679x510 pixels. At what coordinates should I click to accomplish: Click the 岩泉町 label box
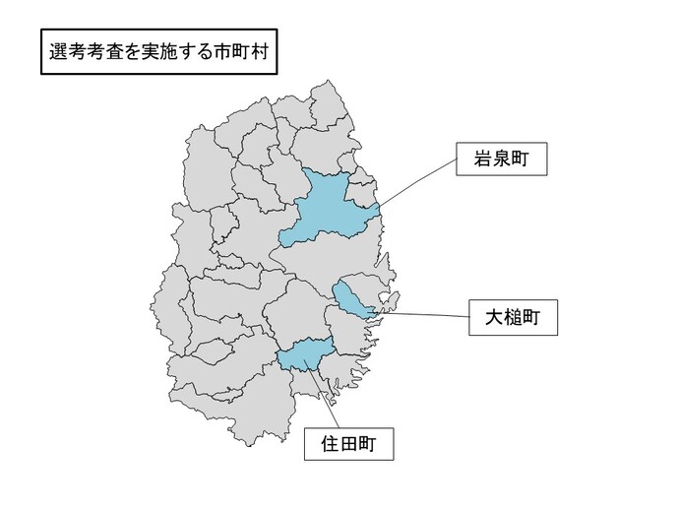(x=500, y=159)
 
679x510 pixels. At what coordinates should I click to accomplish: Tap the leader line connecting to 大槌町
(x=423, y=315)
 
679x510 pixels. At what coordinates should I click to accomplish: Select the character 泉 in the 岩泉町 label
(x=500, y=159)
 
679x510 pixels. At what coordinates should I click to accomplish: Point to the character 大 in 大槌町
(x=491, y=317)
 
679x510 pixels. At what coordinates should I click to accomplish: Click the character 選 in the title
(x=57, y=53)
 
